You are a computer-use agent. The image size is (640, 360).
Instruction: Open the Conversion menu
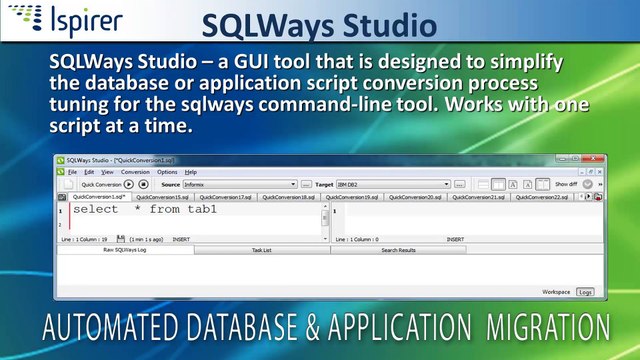[x=135, y=172]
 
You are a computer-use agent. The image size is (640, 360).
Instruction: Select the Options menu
[x=166, y=172]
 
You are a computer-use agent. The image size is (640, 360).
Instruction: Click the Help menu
[x=190, y=172]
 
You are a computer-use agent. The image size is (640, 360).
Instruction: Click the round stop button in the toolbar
[x=143, y=184]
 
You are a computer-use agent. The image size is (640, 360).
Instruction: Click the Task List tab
[x=261, y=250]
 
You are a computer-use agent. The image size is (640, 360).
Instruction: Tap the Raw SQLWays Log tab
[x=125, y=250]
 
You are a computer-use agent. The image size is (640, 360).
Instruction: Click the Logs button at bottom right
[x=585, y=292]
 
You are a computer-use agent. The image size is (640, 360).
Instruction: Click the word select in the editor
[x=95, y=210]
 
